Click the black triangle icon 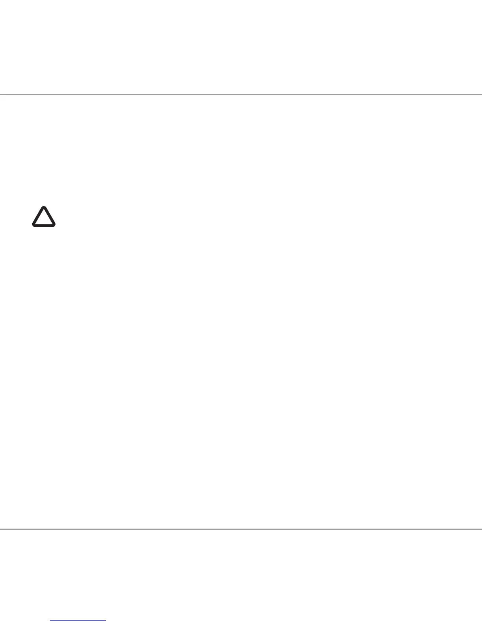[44, 217]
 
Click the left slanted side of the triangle [38, 216]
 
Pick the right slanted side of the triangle [49, 216]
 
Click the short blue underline [78, 621]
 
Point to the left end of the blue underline [51, 621]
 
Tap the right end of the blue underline [106, 621]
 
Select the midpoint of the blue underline [78, 621]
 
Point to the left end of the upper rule [0, 95]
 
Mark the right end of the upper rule [481, 95]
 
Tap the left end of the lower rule [0, 529]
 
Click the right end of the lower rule [481, 529]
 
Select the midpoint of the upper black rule [241, 95]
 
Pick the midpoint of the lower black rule [241, 529]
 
